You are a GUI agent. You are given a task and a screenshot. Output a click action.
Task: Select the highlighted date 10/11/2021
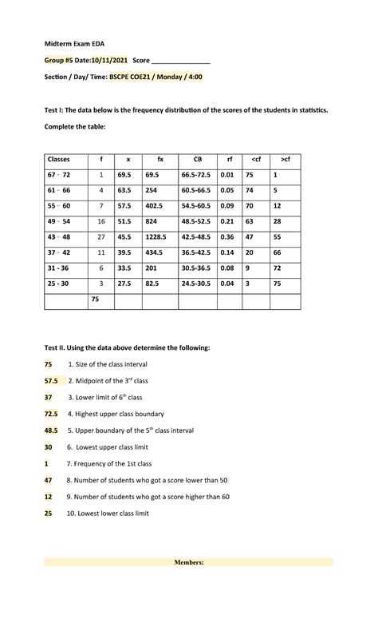click(x=110, y=61)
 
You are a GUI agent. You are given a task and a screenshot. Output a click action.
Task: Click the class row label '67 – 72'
click(x=60, y=175)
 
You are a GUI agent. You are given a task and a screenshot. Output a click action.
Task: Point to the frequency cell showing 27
click(x=101, y=237)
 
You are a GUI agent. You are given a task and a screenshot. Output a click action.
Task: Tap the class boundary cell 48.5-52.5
click(x=195, y=221)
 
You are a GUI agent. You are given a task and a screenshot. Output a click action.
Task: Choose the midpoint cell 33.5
click(x=124, y=268)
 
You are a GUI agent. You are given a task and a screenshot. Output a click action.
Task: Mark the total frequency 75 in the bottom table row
click(x=95, y=300)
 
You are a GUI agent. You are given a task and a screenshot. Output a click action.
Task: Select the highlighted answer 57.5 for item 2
click(x=52, y=382)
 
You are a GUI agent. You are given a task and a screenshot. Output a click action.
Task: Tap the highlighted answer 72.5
click(x=52, y=415)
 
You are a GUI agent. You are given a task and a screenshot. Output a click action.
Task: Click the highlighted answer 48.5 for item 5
click(x=52, y=431)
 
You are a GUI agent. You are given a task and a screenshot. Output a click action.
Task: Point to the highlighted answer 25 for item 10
click(x=49, y=514)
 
